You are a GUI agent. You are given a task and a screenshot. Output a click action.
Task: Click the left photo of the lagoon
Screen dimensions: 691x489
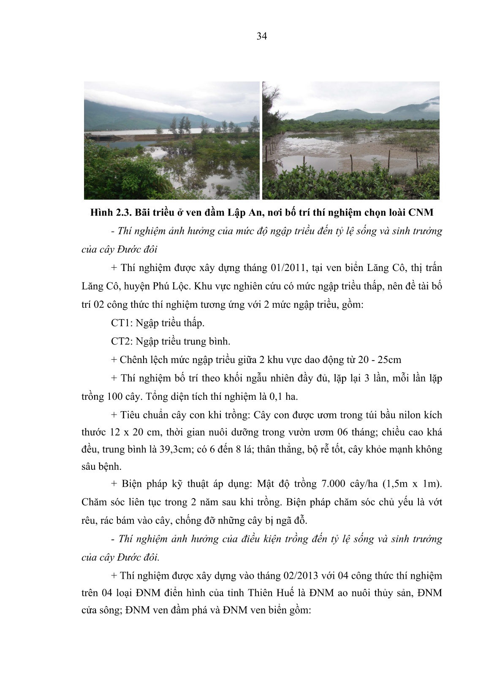(x=171, y=140)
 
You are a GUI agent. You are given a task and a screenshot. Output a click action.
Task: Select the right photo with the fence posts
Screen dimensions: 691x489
(x=350, y=140)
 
